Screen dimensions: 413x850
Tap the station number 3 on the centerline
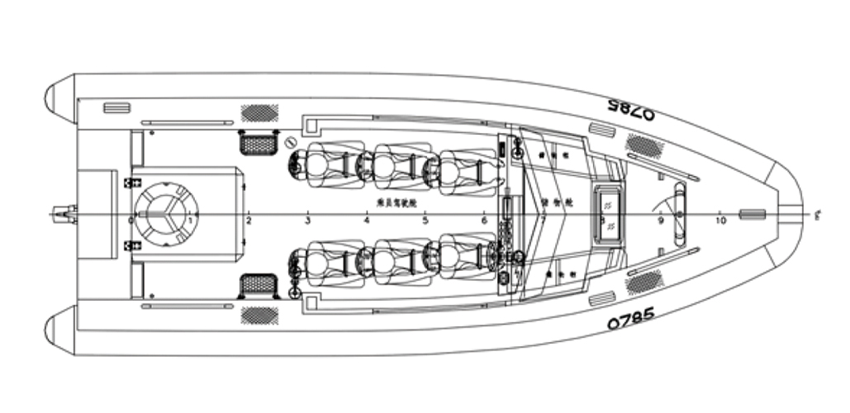pyautogui.click(x=307, y=221)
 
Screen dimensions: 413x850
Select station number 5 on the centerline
pyautogui.click(x=425, y=221)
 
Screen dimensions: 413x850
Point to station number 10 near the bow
pyautogui.click(x=720, y=221)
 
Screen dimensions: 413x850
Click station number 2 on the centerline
pyautogui.click(x=249, y=221)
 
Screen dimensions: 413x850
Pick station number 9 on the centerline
pyautogui.click(x=660, y=221)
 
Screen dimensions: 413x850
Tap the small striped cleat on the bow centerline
pyautogui.click(x=752, y=215)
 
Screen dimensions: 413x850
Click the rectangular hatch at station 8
pyautogui.click(x=608, y=213)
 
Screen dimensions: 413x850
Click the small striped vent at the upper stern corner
pyautogui.click(x=116, y=108)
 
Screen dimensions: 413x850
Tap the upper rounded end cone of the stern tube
pyautogui.click(x=60, y=99)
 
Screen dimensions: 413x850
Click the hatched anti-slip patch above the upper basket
pyautogui.click(x=258, y=113)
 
